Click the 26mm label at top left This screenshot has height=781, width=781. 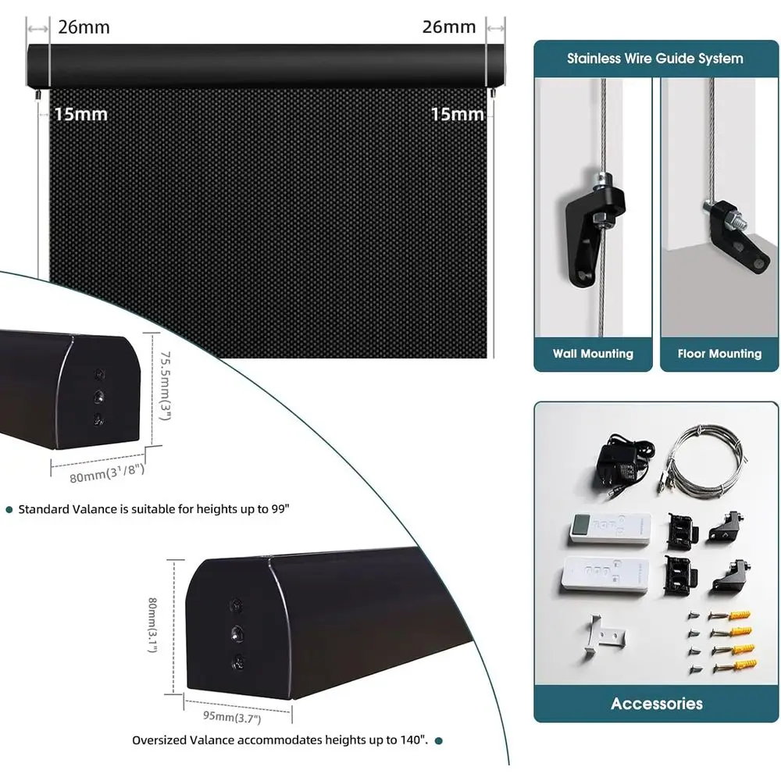click(84, 27)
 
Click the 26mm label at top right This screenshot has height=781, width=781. click(449, 27)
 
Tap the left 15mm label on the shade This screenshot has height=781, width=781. click(80, 115)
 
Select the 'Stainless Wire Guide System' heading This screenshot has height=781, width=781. click(655, 59)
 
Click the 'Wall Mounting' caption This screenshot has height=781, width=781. click(593, 354)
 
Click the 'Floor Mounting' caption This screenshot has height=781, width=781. click(719, 354)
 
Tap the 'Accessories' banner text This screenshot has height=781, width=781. click(657, 704)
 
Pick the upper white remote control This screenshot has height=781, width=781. click(610, 529)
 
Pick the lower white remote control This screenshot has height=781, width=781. click(605, 574)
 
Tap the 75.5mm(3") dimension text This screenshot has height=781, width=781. click(166, 386)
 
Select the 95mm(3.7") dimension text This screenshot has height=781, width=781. click(232, 717)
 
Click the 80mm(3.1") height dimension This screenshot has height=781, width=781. click(153, 625)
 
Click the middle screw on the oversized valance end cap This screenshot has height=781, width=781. click(237, 633)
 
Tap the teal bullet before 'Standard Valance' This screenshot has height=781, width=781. click(9, 509)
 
